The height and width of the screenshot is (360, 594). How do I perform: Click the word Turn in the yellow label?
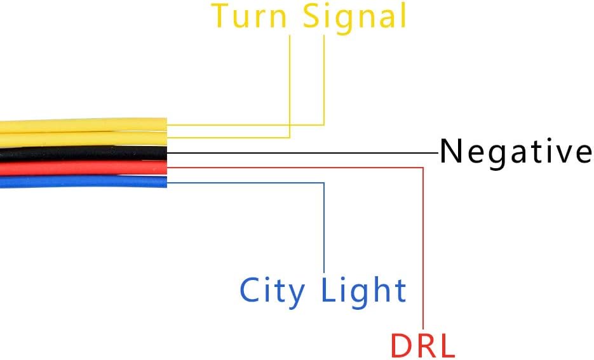[x=248, y=16]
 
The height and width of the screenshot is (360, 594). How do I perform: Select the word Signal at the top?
[x=354, y=19]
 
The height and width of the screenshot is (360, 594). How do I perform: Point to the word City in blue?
[x=273, y=292]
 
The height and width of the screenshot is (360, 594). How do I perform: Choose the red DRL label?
[x=422, y=345]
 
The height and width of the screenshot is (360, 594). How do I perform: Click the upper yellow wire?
[x=83, y=125]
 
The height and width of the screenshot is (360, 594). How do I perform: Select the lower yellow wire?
[x=83, y=139]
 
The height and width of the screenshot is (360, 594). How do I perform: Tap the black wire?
[x=83, y=153]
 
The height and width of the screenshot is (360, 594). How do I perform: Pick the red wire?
[x=83, y=168]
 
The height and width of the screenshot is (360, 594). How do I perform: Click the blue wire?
[x=83, y=182]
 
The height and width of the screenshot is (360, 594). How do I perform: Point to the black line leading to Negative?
[x=302, y=153]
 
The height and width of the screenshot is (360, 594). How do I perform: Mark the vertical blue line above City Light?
[x=324, y=227]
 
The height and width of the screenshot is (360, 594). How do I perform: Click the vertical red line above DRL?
[x=422, y=248]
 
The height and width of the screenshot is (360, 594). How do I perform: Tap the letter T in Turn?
[x=220, y=16]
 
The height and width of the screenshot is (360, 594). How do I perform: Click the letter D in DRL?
[x=400, y=345]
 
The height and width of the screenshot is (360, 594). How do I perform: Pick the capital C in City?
[x=250, y=290]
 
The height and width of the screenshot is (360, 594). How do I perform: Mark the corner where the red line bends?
[x=422, y=168]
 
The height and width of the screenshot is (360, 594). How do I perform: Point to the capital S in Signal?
[x=312, y=16]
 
